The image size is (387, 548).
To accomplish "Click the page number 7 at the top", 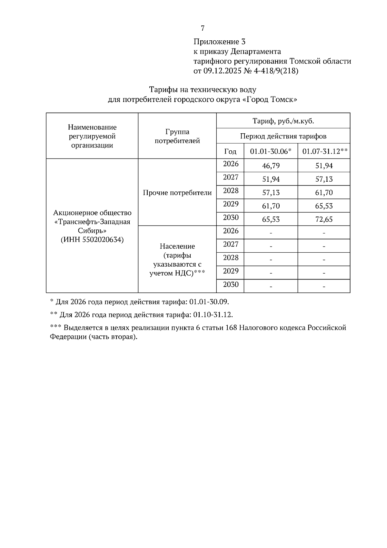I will (203, 28).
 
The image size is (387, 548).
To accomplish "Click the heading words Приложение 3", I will (219, 42).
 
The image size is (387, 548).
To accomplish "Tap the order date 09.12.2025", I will (222, 71).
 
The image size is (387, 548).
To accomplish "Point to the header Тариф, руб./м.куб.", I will (283, 121).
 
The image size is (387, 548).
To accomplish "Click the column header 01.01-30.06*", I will (271, 151).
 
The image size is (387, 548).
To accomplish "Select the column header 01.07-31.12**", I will (324, 151).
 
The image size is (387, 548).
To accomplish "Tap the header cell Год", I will (230, 151).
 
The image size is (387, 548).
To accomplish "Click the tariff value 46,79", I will (271, 166).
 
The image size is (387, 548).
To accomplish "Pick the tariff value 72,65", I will (324, 219).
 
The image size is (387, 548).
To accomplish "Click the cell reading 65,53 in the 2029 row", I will (324, 206).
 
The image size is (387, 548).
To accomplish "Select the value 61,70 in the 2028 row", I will (324, 193).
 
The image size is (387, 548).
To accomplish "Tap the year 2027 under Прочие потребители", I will (231, 177).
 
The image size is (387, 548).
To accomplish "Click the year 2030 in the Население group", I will (231, 285).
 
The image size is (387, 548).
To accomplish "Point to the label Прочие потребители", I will (177, 193).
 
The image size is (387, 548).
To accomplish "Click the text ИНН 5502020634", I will (92, 240).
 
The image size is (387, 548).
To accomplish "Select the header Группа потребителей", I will (177, 136).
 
